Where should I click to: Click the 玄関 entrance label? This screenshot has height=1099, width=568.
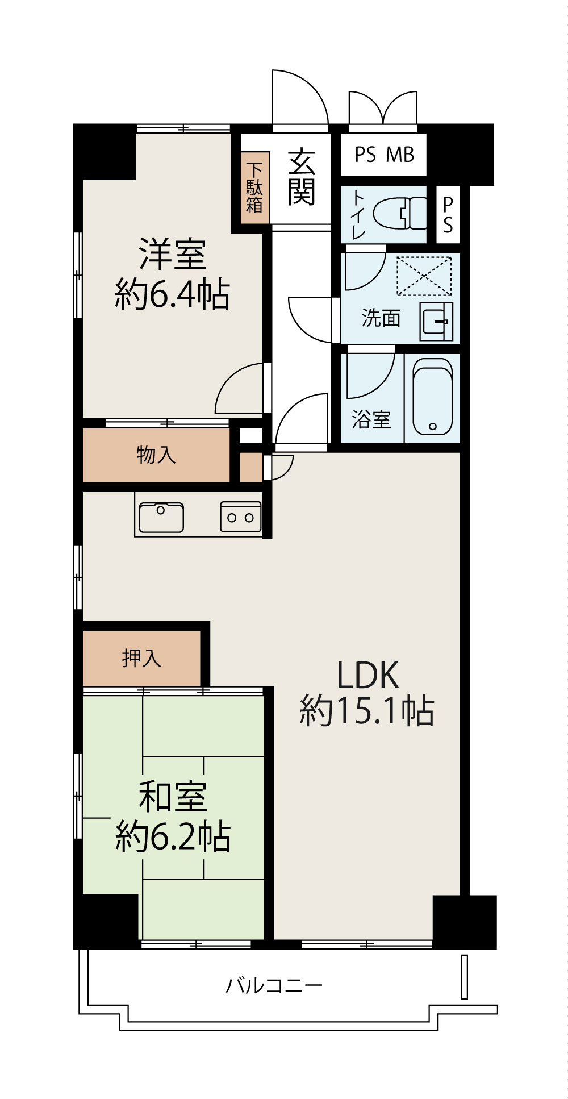coord(301,177)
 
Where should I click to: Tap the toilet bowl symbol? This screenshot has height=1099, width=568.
coord(399,213)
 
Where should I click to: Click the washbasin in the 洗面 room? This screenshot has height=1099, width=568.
coord(436,322)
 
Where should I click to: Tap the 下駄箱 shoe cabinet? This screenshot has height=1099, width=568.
coord(254,188)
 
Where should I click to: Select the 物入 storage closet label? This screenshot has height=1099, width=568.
coord(156,455)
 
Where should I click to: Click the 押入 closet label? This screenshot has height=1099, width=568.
coord(141,658)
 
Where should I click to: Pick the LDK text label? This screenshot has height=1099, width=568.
coord(367,676)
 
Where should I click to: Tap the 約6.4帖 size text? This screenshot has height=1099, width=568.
coord(172,294)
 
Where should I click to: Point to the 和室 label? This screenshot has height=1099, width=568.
coord(173,797)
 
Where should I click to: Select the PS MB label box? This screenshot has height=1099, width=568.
coord(384,155)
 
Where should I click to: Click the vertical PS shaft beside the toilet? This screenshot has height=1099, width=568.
coord(448,215)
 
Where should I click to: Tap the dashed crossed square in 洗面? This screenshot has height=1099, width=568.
coord(424,276)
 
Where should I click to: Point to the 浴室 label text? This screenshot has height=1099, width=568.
coord(371,419)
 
